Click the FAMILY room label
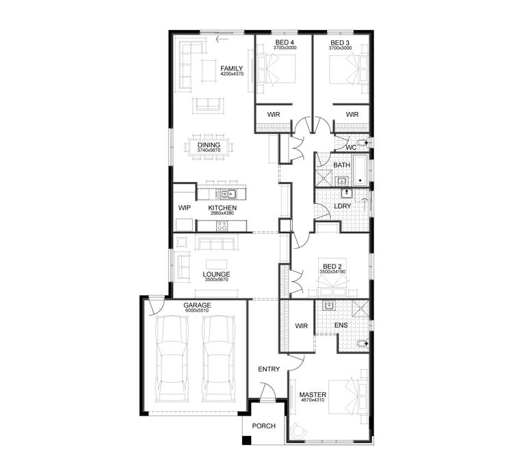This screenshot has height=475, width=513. [x=232, y=68]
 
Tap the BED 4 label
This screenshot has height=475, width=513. [x=283, y=43]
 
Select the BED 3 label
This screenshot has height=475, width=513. [x=340, y=43]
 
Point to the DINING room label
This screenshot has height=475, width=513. [x=209, y=145]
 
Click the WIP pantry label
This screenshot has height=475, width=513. [x=184, y=208]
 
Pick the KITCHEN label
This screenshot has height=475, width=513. [x=223, y=208]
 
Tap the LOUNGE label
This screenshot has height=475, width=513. [x=215, y=274]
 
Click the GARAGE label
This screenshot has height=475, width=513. [x=196, y=305]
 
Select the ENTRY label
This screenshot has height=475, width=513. [x=269, y=369]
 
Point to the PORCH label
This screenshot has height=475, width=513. [x=263, y=426]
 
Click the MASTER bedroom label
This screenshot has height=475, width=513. [x=313, y=394]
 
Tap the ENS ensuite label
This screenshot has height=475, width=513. [x=341, y=325]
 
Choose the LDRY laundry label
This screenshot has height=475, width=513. [x=342, y=205]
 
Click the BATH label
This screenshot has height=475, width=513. [x=341, y=165]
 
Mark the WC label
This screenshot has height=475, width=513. [x=350, y=146]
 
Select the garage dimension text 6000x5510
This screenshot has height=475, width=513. [x=196, y=311]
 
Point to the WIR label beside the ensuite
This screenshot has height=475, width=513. [x=302, y=326]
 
